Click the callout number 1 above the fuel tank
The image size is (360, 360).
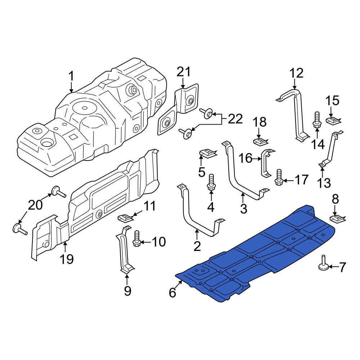pos(71,76)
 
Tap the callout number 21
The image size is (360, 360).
pos(184,72)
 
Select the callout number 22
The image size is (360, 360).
pos(235,119)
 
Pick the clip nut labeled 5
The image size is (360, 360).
pos(208,153)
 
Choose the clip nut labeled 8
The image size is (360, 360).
pos(338,218)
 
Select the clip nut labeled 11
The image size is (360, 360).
pos(126,217)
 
